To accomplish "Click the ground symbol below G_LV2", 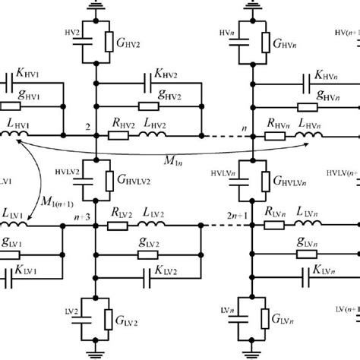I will coord(96,350).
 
